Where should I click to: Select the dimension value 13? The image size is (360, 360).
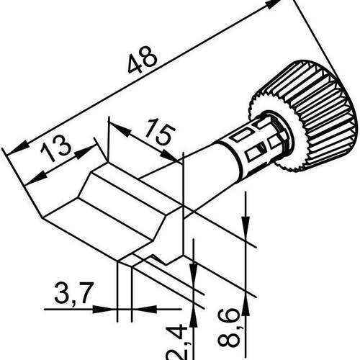point(55,149)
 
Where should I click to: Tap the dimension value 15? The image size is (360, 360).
point(160,131)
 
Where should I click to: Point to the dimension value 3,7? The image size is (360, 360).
point(73,292)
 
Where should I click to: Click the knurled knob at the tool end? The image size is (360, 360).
point(310,117)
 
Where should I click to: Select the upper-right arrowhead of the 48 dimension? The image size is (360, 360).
point(271,4)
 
